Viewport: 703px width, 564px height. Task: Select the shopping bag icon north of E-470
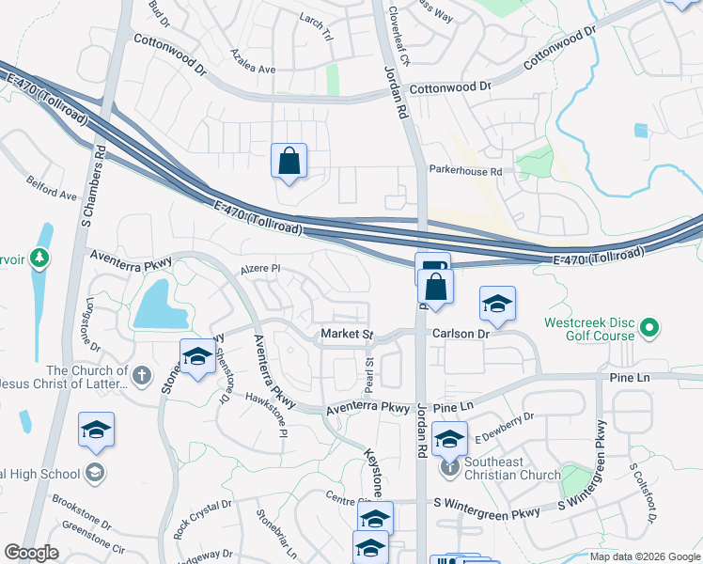289,161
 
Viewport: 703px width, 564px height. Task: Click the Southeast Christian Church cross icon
451,465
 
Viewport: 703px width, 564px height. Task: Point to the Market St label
347,334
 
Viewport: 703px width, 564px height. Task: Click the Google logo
31,553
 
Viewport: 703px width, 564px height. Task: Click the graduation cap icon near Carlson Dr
497,304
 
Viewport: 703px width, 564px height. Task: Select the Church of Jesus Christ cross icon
142,377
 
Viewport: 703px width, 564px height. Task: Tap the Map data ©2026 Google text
644,556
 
